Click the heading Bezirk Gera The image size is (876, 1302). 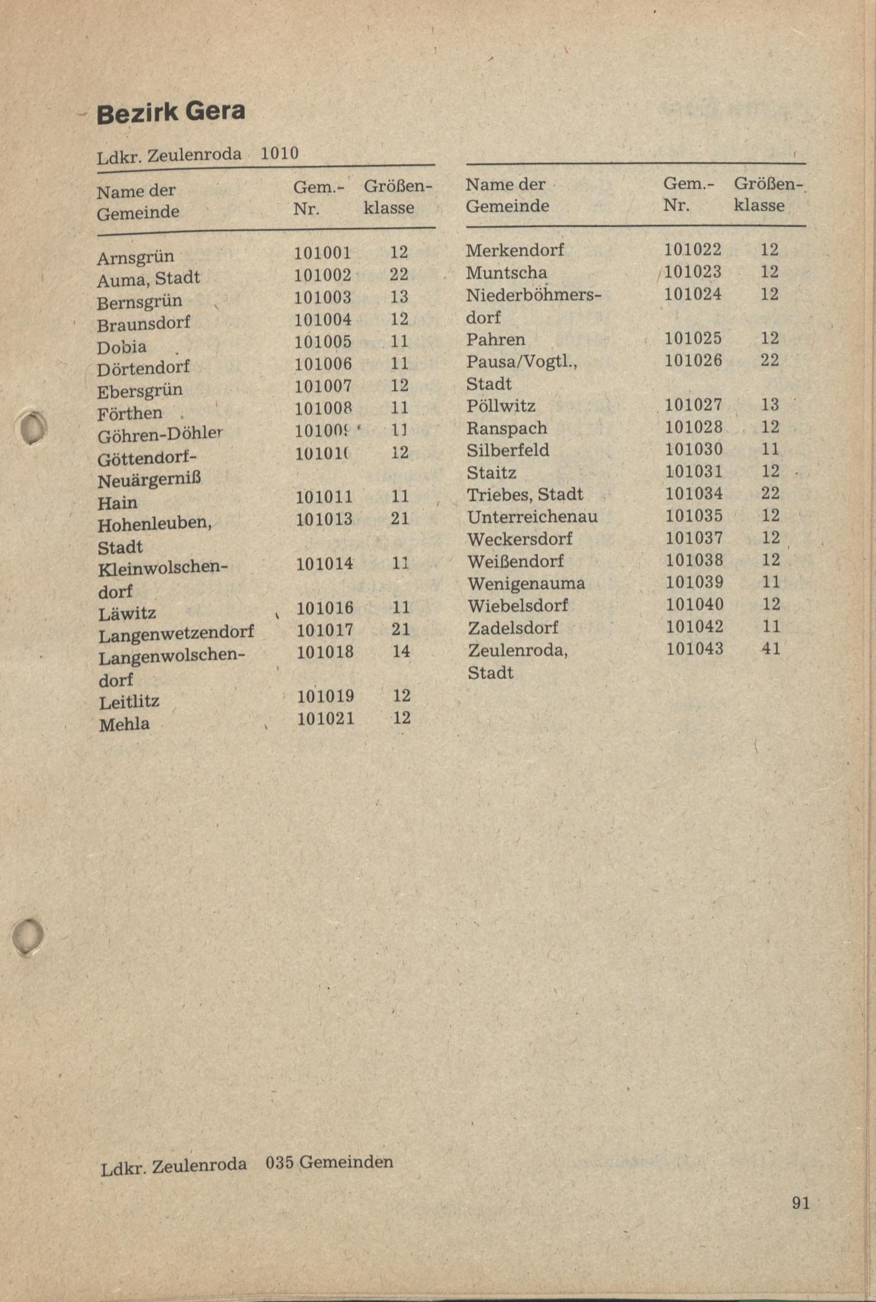pos(171,112)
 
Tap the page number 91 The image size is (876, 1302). pos(800,1202)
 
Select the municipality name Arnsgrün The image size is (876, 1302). pos(135,257)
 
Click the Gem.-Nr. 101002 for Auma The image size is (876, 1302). pos(323,275)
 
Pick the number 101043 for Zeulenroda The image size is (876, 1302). pos(695,648)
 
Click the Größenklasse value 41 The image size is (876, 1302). pos(771,648)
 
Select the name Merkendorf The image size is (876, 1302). pos(515,250)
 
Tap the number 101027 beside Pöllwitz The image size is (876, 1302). pos(693,405)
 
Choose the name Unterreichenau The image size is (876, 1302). pos(532,517)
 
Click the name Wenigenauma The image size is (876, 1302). pos(526,584)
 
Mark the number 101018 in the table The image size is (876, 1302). pos(325,652)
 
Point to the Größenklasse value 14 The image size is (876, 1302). pos(401,652)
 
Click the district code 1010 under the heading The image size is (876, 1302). pos(280,153)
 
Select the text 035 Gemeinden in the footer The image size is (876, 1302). pos(329,1162)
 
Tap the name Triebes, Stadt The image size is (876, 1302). pos(525,494)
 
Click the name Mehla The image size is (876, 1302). pos(124,724)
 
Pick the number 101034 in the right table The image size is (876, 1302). pos(694,493)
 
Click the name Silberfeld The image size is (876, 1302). pos(508,450)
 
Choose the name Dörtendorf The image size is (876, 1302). pos(143,369)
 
